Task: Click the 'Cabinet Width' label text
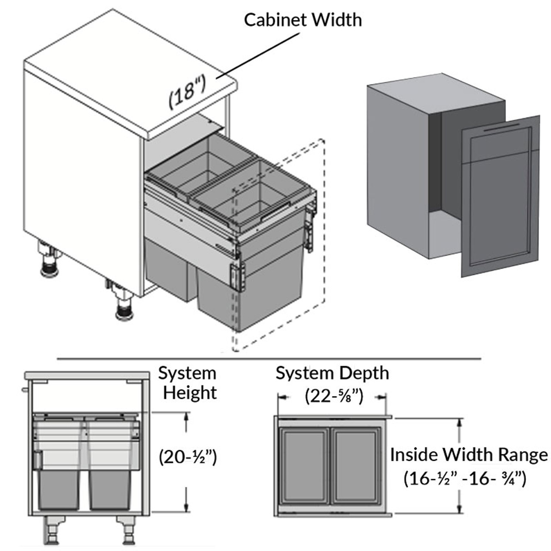click(303, 20)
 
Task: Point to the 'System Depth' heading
click(332, 373)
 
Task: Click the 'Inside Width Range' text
click(469, 455)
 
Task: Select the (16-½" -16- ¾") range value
click(465, 478)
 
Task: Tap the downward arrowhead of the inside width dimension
click(459, 508)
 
